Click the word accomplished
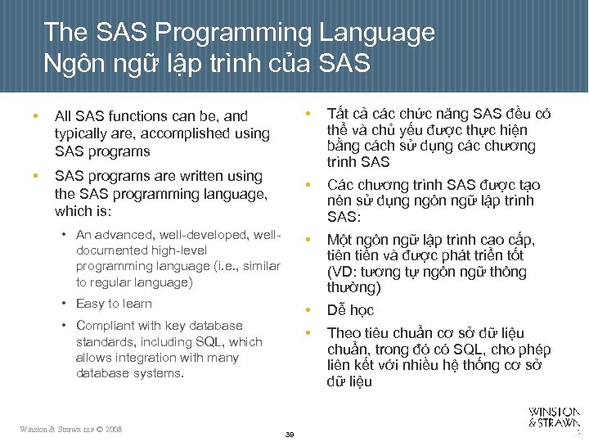pos(183,133)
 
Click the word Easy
pos(90,304)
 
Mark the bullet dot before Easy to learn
pos(64,304)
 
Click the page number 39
pos(289,432)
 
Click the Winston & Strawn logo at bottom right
pos(555,417)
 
